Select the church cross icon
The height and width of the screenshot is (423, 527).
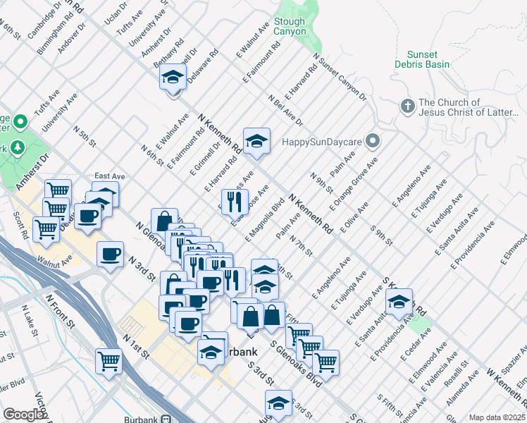click(x=407, y=107)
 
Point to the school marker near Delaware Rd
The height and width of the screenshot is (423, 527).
click(x=173, y=78)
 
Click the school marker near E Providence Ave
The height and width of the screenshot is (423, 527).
click(x=399, y=302)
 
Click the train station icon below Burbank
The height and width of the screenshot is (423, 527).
click(x=166, y=418)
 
